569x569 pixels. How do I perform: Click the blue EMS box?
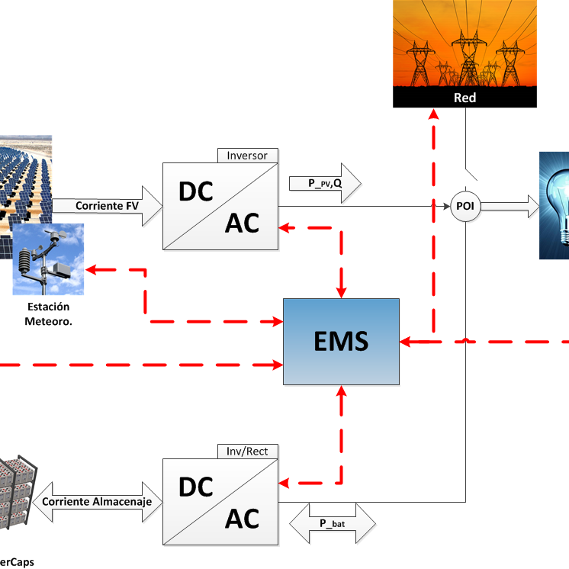(x=341, y=341)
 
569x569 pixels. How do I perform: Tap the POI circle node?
(x=465, y=207)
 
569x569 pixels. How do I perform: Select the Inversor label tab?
(x=248, y=156)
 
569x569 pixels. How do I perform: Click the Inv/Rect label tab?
(x=248, y=450)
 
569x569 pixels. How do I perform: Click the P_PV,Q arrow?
(x=324, y=183)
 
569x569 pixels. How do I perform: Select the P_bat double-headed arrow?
(x=334, y=523)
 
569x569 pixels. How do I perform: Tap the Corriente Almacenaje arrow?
(x=97, y=501)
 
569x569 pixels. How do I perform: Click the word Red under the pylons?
(x=465, y=98)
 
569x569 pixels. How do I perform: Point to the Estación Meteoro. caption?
(x=48, y=313)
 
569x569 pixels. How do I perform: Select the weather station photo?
(x=48, y=259)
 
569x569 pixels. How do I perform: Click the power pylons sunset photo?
(x=465, y=44)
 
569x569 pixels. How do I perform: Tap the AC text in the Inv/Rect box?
(x=242, y=518)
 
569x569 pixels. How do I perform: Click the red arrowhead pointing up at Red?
(x=433, y=114)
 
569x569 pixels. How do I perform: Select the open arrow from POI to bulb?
(x=510, y=205)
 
